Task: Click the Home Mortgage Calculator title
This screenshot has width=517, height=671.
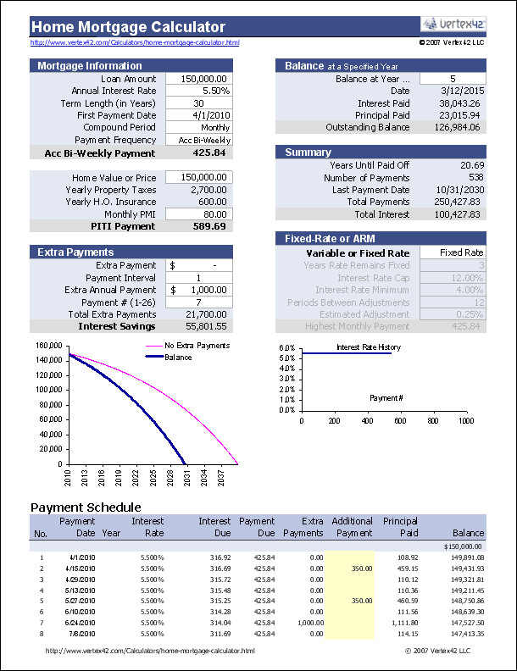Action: pyautogui.click(x=128, y=26)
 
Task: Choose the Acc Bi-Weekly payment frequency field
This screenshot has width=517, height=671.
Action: pyautogui.click(x=204, y=140)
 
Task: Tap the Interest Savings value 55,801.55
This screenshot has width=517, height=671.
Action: pyautogui.click(x=203, y=326)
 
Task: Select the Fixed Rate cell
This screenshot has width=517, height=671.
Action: pyautogui.click(x=461, y=252)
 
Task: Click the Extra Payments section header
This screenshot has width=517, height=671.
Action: pyautogui.click(x=75, y=252)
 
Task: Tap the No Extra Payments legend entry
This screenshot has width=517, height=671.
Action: pyautogui.click(x=197, y=346)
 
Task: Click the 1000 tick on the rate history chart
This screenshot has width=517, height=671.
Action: pyautogui.click(x=464, y=420)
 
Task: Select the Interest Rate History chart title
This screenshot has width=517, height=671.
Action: pyautogui.click(x=369, y=347)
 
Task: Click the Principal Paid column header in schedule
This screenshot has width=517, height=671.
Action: pyautogui.click(x=400, y=527)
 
